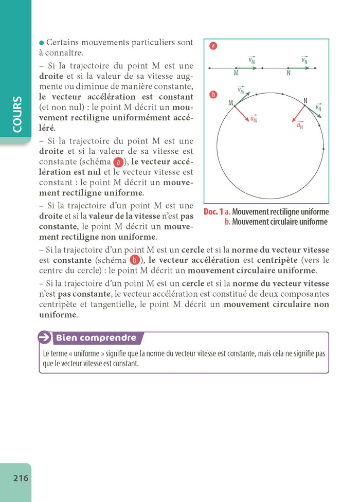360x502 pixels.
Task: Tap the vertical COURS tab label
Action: tap(16, 114)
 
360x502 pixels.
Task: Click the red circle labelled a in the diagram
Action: tap(213, 46)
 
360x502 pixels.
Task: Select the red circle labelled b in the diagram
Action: tap(213, 95)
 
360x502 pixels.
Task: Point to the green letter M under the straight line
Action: tap(236, 74)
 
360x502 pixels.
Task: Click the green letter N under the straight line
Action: tap(289, 74)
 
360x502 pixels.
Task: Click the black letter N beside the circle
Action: tap(305, 101)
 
